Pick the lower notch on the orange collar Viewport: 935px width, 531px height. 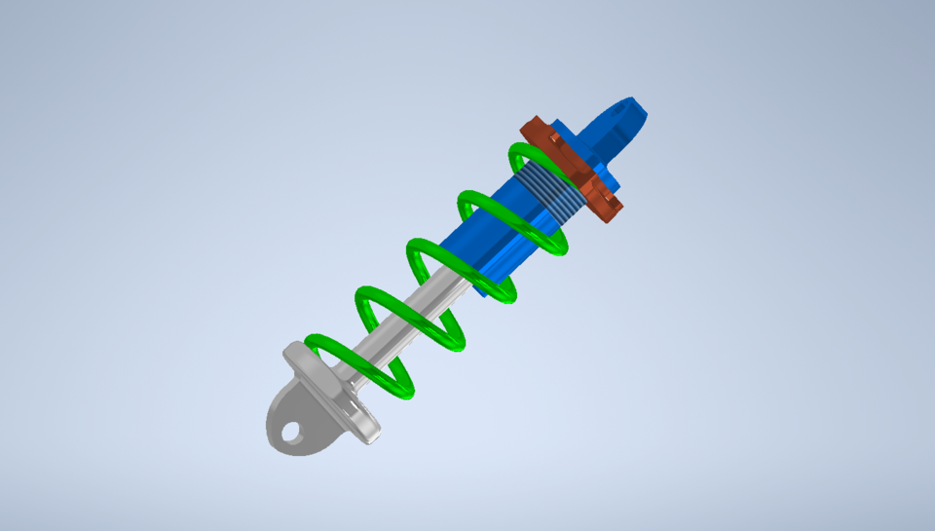pyautogui.click(x=610, y=205)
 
